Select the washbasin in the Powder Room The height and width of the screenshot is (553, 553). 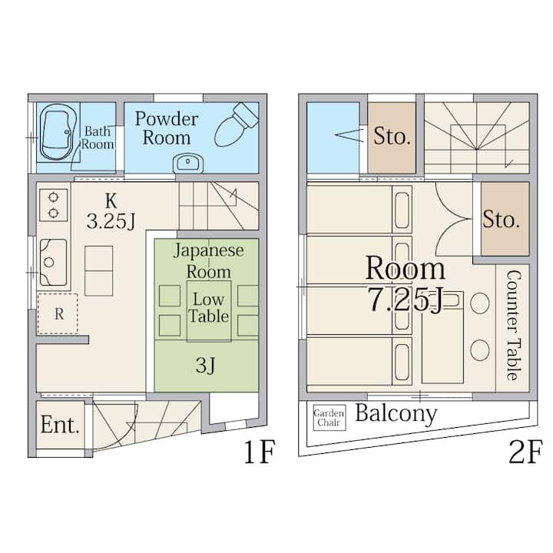(x=188, y=164)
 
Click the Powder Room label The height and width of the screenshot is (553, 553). (x=167, y=127)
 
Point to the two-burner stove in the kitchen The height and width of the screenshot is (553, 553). (x=53, y=205)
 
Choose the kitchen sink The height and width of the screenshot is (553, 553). (x=53, y=262)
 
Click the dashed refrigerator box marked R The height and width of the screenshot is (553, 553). (x=58, y=313)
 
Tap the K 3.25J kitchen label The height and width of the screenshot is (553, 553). (x=111, y=212)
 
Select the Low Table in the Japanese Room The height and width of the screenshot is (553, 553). (x=209, y=311)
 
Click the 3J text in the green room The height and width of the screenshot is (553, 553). (x=206, y=365)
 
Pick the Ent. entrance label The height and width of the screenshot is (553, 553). (x=60, y=425)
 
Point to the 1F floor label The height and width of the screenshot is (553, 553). (x=260, y=452)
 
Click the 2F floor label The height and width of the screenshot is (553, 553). (x=525, y=452)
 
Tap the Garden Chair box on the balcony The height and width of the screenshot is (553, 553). (x=329, y=418)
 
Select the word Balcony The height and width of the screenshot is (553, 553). (x=396, y=413)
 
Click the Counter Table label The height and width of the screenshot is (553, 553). (x=513, y=325)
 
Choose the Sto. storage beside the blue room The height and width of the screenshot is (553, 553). (x=392, y=137)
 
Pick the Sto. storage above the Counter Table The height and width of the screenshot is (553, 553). (x=505, y=219)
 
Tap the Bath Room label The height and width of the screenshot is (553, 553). (x=98, y=138)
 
